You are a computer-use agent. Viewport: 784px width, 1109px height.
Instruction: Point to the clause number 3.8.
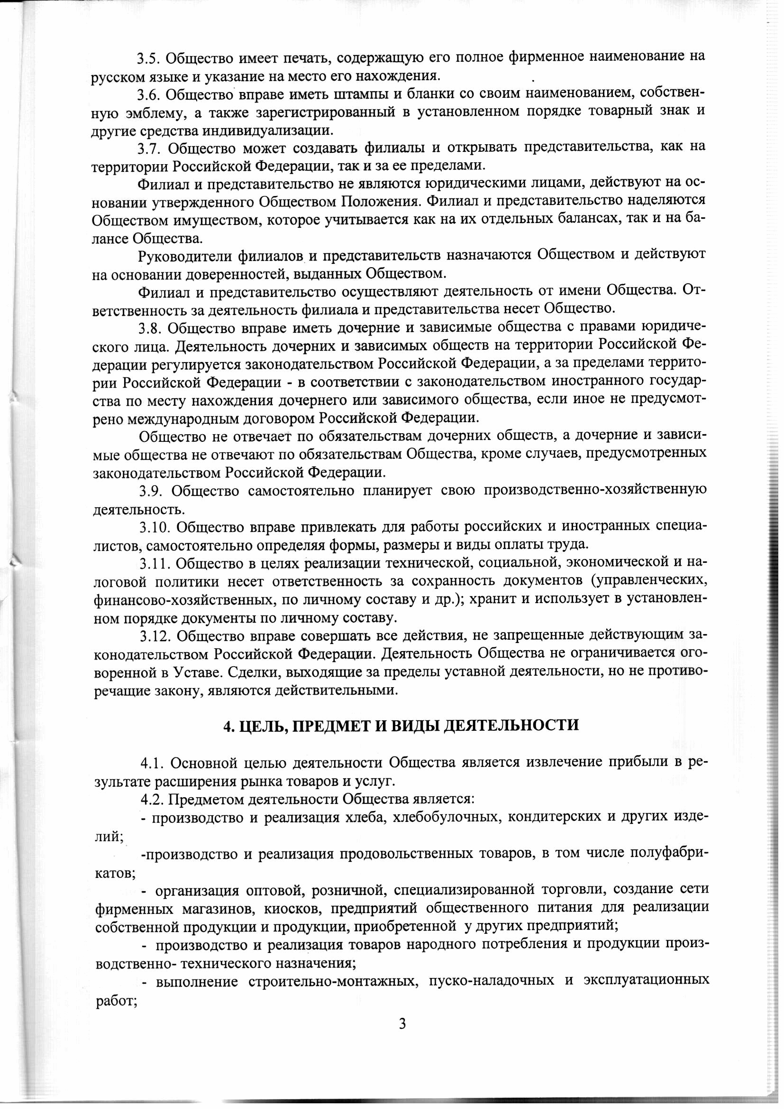tap(150, 328)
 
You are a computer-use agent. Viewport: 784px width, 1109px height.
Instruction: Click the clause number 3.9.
tap(151, 491)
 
